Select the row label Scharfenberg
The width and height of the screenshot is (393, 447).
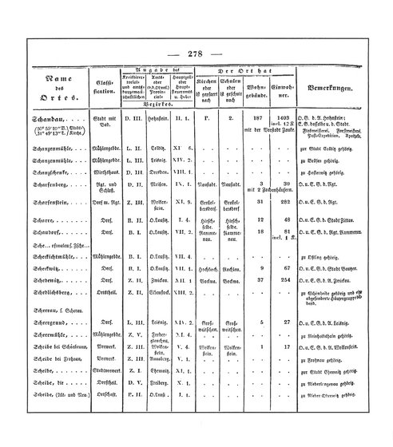tap(52, 183)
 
